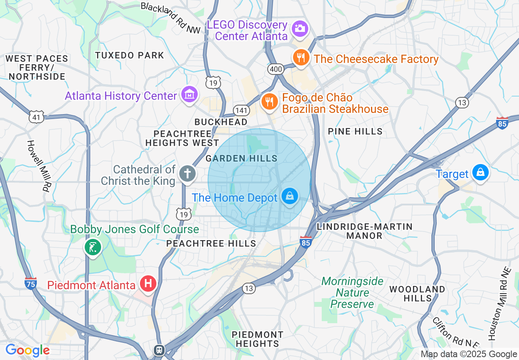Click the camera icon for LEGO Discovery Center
[x=300, y=28]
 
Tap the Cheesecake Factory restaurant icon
[x=301, y=57]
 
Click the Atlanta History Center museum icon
[x=190, y=94]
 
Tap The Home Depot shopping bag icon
[x=290, y=196]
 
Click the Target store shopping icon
[x=481, y=172]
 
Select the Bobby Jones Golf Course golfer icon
[x=93, y=247]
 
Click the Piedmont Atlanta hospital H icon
[x=148, y=283]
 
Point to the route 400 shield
[x=276, y=69]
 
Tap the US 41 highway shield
[x=36, y=117]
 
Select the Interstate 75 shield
[x=31, y=283]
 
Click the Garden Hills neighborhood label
[x=241, y=158]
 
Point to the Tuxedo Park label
[x=129, y=55]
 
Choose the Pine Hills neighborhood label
[x=355, y=131]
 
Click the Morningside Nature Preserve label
[x=352, y=292]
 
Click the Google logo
[x=27, y=350]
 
